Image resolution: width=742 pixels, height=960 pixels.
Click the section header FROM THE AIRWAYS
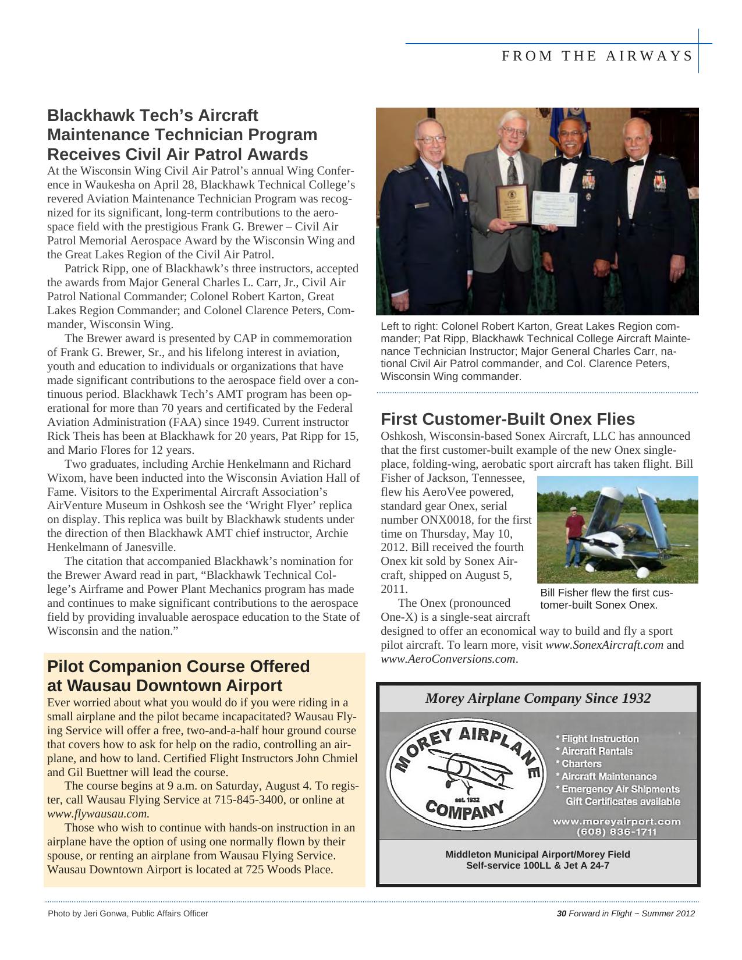pos(597,56)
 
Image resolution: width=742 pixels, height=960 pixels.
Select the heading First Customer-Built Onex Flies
pos(507,419)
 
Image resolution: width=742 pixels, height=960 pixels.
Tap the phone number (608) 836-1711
pos(616,831)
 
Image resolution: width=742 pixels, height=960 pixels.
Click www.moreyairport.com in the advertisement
pos(616,821)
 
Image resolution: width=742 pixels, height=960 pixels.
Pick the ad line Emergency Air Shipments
pos(619,789)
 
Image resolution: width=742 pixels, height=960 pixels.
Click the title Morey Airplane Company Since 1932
pos(538,698)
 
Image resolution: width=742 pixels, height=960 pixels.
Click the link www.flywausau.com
pos(98,814)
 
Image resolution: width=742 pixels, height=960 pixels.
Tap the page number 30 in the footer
pos(562,913)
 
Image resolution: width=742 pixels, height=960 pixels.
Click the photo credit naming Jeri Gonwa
pos(127,913)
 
